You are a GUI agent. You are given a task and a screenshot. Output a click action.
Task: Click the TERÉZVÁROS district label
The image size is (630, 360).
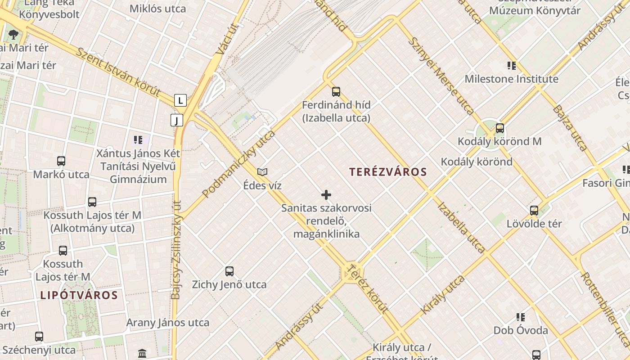pos(388,171)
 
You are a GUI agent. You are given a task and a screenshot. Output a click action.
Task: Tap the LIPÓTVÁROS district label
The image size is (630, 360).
pos(79,296)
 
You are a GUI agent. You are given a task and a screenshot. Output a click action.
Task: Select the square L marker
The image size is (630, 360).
pos(180,100)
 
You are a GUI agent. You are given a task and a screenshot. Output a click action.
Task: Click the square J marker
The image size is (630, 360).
pos(177,120)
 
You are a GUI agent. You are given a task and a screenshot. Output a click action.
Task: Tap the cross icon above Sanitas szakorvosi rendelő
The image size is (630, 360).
pos(326,195)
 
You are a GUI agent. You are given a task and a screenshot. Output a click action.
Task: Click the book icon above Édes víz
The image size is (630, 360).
pos(262,172)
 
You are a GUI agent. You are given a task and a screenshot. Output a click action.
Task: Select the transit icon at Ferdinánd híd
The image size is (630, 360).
pos(336,92)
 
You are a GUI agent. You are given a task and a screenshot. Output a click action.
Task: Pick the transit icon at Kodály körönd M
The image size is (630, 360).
pos(499,128)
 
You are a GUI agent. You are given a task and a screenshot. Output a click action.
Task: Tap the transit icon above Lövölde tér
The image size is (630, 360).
pos(534,210)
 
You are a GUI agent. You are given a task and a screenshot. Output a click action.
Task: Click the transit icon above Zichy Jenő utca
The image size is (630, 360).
pos(229,271)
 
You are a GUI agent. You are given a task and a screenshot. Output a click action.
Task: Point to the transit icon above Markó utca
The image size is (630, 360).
pos(61,161)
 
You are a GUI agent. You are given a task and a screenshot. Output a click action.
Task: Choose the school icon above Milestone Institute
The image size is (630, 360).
pos(512,66)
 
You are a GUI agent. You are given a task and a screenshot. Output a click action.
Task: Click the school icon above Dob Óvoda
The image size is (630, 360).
pos(521,317)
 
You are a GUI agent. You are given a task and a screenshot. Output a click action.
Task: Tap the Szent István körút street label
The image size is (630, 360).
pos(118,72)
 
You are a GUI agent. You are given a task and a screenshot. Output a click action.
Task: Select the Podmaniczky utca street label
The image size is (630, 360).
pos(238,164)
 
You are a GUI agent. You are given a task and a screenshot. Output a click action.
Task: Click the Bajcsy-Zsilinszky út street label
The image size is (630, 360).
pos(176,250)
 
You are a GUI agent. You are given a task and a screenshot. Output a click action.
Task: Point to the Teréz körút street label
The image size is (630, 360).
pos(368,289)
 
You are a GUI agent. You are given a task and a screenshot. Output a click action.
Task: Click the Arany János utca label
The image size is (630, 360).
pos(167,323)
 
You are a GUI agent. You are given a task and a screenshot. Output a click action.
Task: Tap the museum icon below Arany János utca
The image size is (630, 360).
pos(142,353)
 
